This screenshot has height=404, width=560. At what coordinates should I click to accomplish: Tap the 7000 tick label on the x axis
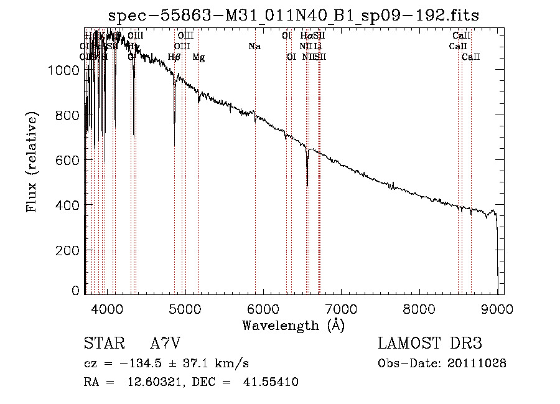[x=341, y=308]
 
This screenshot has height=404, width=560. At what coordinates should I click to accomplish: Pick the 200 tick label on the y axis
[x=59, y=250]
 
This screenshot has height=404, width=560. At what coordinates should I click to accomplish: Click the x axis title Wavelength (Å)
[x=293, y=325]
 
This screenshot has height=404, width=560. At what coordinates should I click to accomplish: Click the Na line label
[x=254, y=46]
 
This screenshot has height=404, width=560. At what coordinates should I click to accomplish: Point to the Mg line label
[x=198, y=57]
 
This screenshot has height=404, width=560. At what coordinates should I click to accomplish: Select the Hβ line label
[x=174, y=57]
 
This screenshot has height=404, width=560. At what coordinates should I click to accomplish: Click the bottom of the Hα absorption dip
[x=307, y=185]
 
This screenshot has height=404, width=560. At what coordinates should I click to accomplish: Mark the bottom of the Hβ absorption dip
[x=174, y=146]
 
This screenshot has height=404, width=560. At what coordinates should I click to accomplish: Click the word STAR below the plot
[x=103, y=344]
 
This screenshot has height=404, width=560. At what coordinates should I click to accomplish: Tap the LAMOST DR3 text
[x=429, y=344]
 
